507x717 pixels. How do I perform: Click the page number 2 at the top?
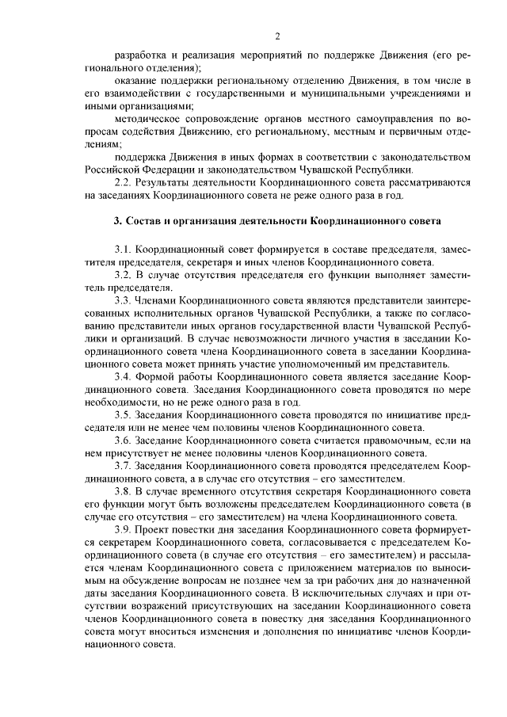277,36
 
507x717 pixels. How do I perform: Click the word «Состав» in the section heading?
143,219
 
